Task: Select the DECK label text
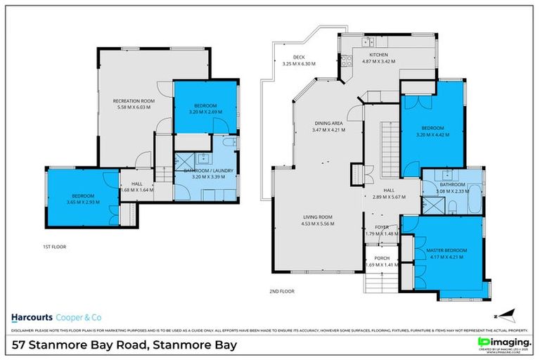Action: [288, 58]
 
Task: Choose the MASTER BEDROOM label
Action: [446, 250]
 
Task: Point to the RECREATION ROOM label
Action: [134, 101]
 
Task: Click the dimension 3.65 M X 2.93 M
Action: [77, 202]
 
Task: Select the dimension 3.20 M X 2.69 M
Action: [205, 112]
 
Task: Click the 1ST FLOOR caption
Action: [53, 247]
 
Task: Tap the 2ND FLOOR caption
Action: [281, 290]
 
